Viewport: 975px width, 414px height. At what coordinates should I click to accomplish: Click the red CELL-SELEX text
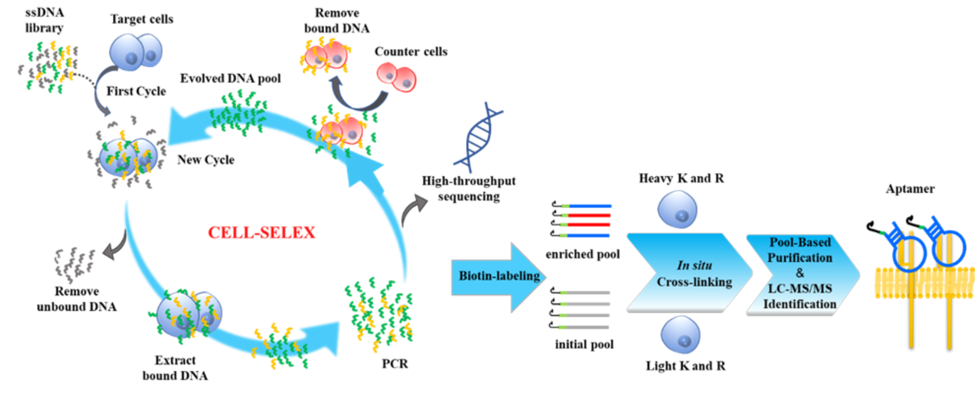pyautogui.click(x=261, y=232)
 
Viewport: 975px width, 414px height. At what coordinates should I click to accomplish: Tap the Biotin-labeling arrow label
pyautogui.click(x=499, y=276)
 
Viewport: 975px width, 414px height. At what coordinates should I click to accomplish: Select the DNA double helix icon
pyautogui.click(x=478, y=138)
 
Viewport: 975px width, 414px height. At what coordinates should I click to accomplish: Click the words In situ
pyautogui.click(x=694, y=265)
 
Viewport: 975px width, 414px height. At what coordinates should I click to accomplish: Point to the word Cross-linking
pyautogui.click(x=694, y=282)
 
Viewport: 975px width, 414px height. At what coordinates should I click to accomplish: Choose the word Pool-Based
pyautogui.click(x=800, y=242)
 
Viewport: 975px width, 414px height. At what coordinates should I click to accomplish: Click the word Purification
pyautogui.click(x=800, y=258)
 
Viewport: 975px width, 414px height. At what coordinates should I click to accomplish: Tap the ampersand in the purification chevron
pyautogui.click(x=800, y=273)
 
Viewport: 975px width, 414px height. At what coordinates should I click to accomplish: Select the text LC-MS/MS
pyautogui.click(x=800, y=289)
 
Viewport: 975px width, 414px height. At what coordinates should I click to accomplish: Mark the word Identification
pyautogui.click(x=800, y=304)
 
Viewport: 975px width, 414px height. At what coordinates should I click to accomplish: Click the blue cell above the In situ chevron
pyautogui.click(x=678, y=209)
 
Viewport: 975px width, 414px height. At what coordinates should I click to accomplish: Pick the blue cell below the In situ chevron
pyautogui.click(x=680, y=334)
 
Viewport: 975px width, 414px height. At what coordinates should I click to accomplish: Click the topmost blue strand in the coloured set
pyautogui.click(x=587, y=206)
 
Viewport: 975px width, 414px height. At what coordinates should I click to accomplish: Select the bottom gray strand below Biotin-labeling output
pyautogui.click(x=585, y=327)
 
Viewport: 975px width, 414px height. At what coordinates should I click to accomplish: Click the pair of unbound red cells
pyautogui.click(x=397, y=77)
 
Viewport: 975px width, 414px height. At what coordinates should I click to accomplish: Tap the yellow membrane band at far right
pyautogui.click(x=924, y=282)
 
